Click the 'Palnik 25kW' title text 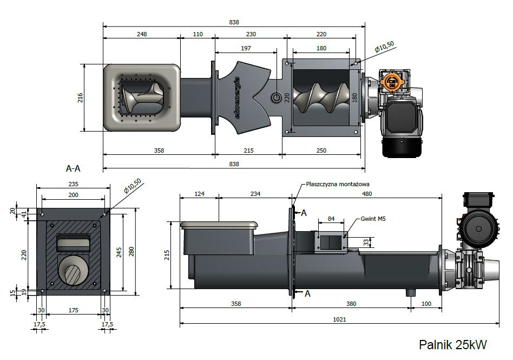pyautogui.click(x=453, y=345)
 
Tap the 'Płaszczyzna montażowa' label pyautogui.click(x=338, y=184)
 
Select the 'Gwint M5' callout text pyautogui.click(x=373, y=219)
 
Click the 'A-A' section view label pyautogui.click(x=73, y=168)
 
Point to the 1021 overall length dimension pyautogui.click(x=340, y=319)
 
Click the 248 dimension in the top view pyautogui.click(x=142, y=34)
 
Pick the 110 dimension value pyautogui.click(x=198, y=34)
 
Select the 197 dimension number pyautogui.click(x=246, y=48)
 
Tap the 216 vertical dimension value pyautogui.click(x=80, y=98)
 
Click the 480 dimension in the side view pyautogui.click(x=367, y=194)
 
